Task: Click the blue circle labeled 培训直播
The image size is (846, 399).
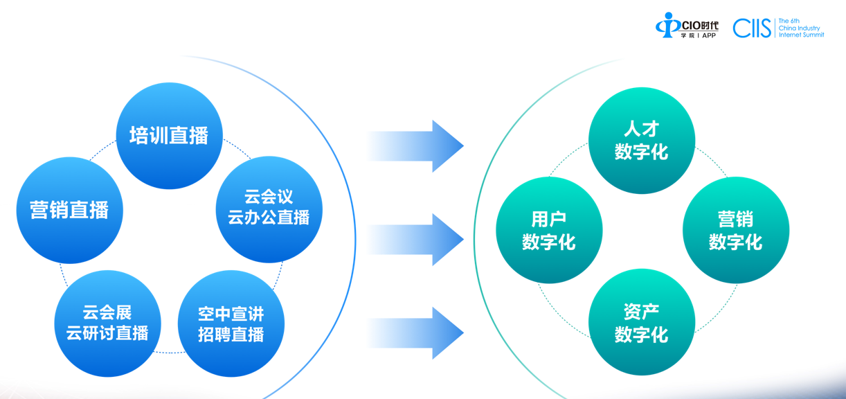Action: [169, 136]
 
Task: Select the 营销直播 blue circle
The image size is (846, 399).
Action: [69, 210]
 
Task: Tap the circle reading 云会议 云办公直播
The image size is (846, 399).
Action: [269, 209]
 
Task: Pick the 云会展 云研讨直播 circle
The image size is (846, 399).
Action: [107, 323]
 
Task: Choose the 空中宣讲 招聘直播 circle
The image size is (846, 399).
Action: [231, 323]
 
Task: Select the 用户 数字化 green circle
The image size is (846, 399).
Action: [549, 230]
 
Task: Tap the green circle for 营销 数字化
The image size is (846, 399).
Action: [735, 230]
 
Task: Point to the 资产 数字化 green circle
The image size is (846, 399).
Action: [641, 323]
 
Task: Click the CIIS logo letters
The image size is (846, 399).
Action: [752, 28]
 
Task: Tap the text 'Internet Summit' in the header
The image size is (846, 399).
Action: [801, 35]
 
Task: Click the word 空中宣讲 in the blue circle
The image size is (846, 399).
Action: [231, 314]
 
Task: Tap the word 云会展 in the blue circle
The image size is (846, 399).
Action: [107, 313]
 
